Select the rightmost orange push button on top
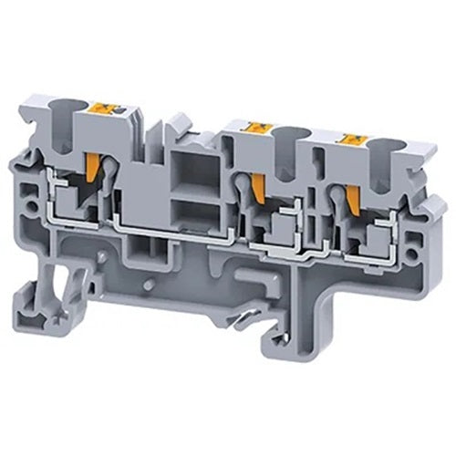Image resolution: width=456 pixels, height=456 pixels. pyautogui.click(x=347, y=139)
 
